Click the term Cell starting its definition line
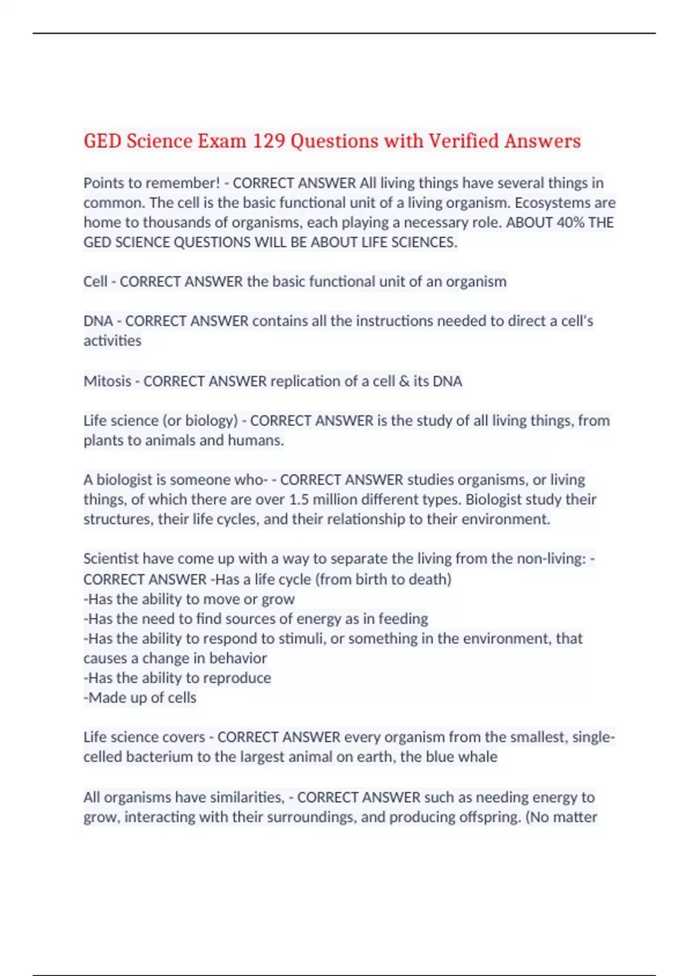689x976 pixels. coord(95,282)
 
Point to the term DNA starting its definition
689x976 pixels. coord(98,321)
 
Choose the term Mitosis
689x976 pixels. coord(107,381)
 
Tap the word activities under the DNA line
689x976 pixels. coord(113,341)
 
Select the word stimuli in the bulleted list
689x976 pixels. coord(302,639)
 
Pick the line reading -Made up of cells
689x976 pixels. coord(140,698)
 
